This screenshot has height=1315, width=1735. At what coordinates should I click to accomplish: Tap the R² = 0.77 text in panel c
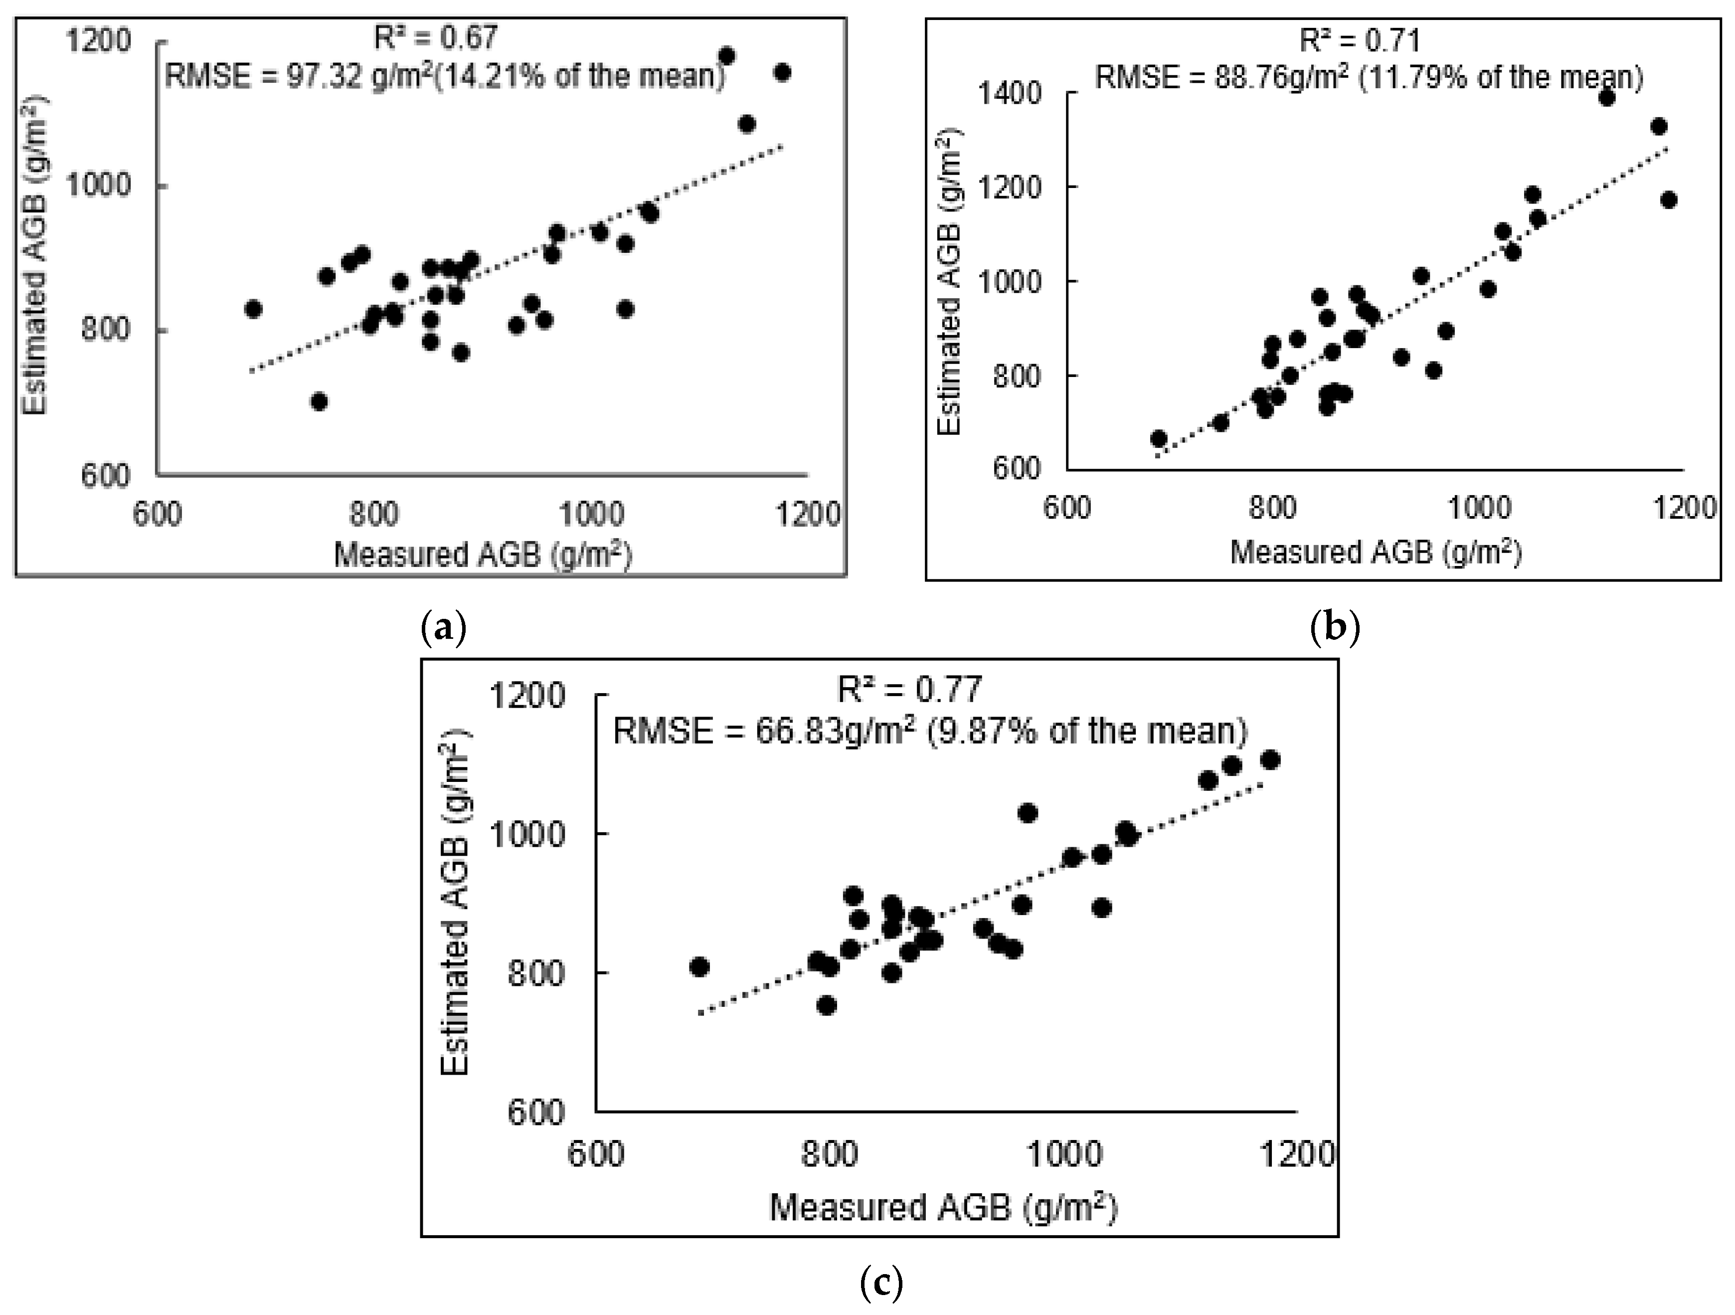pyautogui.click(x=909, y=690)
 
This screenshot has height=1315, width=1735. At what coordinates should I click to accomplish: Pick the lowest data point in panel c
pyautogui.click(x=826, y=1005)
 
